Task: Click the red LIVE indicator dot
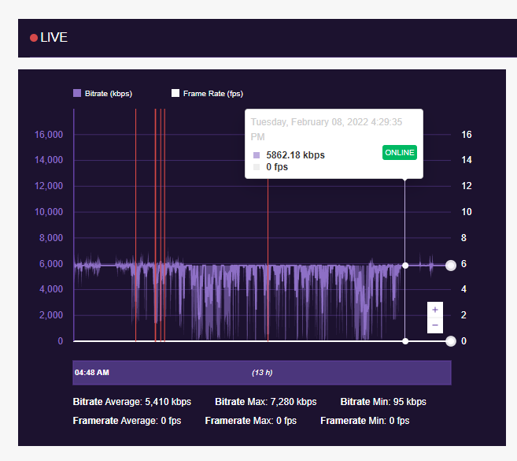click(x=34, y=38)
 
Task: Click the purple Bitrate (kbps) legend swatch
click(x=77, y=93)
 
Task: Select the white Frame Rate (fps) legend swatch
click(x=175, y=93)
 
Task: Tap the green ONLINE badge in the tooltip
click(x=399, y=152)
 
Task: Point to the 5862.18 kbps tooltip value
click(x=295, y=155)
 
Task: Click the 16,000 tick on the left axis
click(x=48, y=135)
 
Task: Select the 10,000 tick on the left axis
click(x=48, y=212)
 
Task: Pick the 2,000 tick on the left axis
click(x=50, y=315)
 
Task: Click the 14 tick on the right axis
click(x=466, y=160)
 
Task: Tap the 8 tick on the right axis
click(x=466, y=238)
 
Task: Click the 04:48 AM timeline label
click(x=91, y=372)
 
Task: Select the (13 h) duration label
click(x=262, y=372)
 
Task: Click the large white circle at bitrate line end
click(x=451, y=266)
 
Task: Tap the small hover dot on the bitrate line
click(x=405, y=266)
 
